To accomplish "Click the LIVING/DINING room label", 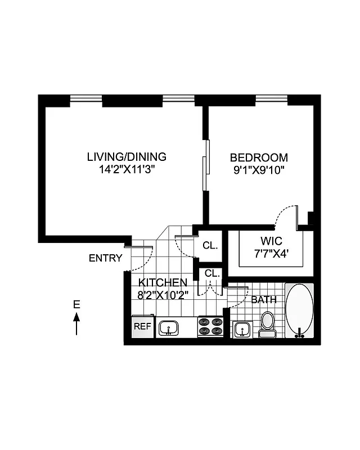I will click(x=127, y=157).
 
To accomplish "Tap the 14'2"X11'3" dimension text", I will click(x=127, y=169).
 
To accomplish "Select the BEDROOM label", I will click(x=259, y=158).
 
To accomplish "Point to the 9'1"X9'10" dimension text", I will click(x=259, y=170).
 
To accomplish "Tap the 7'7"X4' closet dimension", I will click(x=272, y=253).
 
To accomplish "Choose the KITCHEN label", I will click(x=163, y=282).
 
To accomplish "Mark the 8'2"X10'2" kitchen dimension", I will click(x=163, y=294).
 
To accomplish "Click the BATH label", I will click(x=264, y=300).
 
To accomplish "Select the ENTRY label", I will click(x=105, y=258).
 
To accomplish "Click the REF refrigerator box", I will click(x=141, y=326).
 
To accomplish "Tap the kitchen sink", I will click(x=169, y=327).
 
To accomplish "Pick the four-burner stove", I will click(x=210, y=327).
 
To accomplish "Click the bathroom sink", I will click(x=242, y=328).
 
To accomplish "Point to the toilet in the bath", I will click(x=267, y=323).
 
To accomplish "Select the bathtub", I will click(x=299, y=310).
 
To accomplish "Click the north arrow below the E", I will click(x=76, y=324).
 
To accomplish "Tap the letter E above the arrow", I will click(x=76, y=305).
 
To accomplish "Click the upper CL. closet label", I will click(x=210, y=246).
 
